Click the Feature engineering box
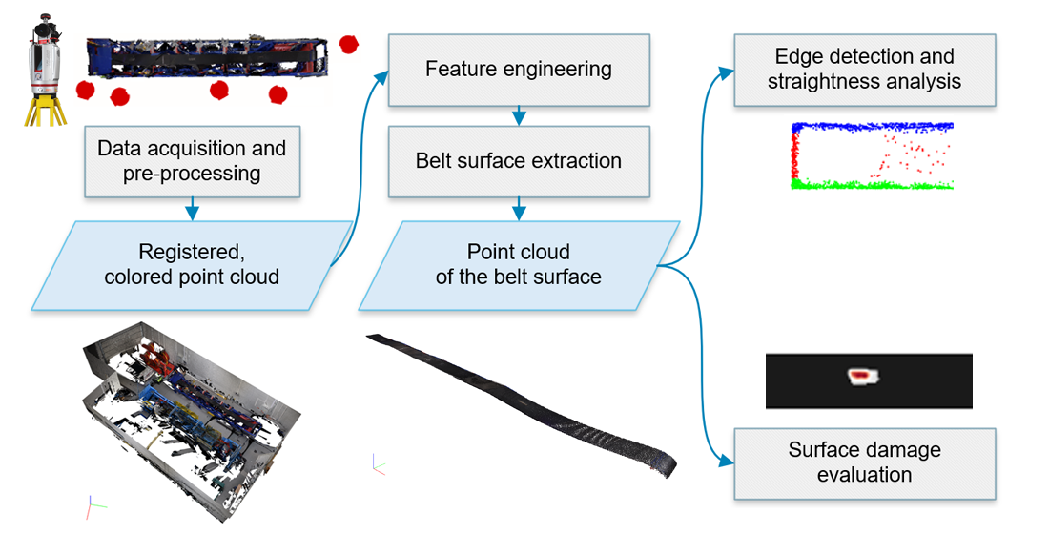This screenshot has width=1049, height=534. (x=519, y=70)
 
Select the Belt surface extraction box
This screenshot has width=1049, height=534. (x=519, y=160)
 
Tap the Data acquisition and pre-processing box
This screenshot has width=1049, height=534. (x=192, y=160)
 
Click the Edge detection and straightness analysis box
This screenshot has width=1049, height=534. (x=864, y=70)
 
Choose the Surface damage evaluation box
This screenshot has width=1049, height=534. (x=864, y=462)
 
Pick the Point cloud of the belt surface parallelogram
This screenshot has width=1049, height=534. (x=519, y=264)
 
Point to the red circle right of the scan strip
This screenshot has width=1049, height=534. (x=350, y=43)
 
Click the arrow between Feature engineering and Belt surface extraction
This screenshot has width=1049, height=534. (x=519, y=115)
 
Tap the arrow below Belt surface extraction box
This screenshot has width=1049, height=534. (x=519, y=206)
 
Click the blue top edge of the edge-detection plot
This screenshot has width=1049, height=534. (x=873, y=126)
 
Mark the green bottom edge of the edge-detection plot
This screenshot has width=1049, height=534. (x=873, y=184)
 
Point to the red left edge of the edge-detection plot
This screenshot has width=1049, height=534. (x=794, y=155)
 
